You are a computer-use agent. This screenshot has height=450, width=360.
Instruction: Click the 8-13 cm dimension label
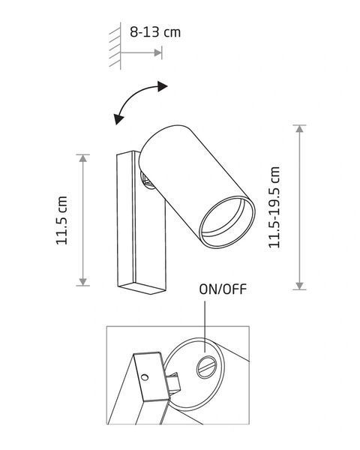click(155, 32)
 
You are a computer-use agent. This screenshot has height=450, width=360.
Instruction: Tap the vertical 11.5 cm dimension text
click(61, 220)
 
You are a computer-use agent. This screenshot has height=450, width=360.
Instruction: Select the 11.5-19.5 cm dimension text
click(274, 207)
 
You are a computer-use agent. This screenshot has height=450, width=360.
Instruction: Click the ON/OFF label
click(223, 289)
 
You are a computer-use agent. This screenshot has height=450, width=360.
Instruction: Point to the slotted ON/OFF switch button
click(206, 367)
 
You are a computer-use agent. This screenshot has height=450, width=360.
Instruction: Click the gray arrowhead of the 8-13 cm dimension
click(158, 52)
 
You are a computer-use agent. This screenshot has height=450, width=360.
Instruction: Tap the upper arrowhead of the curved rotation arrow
click(163, 86)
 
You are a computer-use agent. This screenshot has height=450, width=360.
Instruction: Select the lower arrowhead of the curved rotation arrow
click(118, 119)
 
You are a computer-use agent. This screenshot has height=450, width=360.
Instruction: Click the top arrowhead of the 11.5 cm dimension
click(83, 158)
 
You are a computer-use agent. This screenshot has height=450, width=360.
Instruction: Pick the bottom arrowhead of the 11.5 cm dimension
click(83, 282)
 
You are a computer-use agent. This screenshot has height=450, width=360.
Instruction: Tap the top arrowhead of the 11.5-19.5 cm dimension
click(300, 129)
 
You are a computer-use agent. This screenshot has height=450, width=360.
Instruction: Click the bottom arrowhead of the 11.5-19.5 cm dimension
click(300, 286)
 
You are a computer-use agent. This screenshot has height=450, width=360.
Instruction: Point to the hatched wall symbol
click(115, 46)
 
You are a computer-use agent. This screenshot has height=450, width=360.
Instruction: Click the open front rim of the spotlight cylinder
click(227, 222)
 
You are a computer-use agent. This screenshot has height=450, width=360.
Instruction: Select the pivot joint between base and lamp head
click(146, 181)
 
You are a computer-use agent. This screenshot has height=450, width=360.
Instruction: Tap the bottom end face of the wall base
click(142, 288)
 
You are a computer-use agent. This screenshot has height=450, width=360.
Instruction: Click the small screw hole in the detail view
click(145, 376)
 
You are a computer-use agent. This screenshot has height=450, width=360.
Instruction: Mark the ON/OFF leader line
click(205, 326)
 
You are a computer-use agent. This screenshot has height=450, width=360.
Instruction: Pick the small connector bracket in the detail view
click(174, 383)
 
